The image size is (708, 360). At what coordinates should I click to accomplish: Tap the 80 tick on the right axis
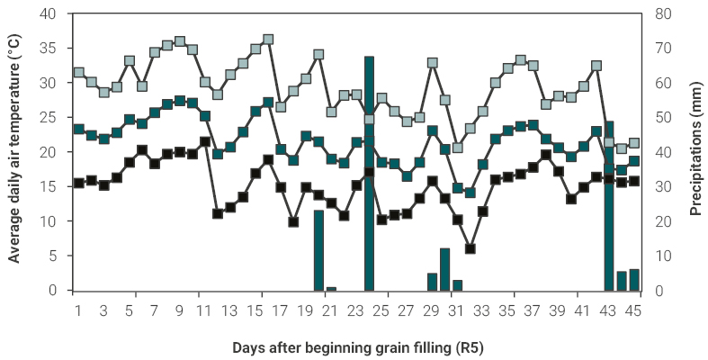tap(660, 14)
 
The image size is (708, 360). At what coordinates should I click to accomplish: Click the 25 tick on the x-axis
tap(381, 310)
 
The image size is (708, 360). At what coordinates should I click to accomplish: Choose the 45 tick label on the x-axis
tap(633, 310)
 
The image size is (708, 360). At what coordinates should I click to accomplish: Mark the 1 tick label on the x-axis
tap(79, 310)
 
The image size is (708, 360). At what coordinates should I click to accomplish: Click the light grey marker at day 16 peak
tap(268, 40)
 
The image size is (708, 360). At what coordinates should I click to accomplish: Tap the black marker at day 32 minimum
tap(470, 248)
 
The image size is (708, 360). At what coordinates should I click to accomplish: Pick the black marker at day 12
tap(218, 213)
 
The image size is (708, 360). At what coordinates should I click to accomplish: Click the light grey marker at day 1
tap(79, 72)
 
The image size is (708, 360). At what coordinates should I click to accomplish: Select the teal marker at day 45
tap(634, 161)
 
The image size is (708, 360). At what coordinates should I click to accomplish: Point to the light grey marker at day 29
tap(433, 63)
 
